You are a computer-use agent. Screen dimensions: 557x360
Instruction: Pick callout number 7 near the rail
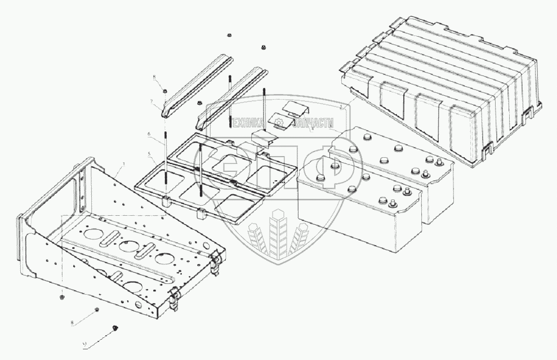(151, 101)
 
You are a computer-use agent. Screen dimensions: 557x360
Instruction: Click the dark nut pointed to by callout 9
(115, 327)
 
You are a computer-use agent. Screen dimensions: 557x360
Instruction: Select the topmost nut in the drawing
(229, 35)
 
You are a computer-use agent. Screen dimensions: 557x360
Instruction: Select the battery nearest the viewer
(360, 197)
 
